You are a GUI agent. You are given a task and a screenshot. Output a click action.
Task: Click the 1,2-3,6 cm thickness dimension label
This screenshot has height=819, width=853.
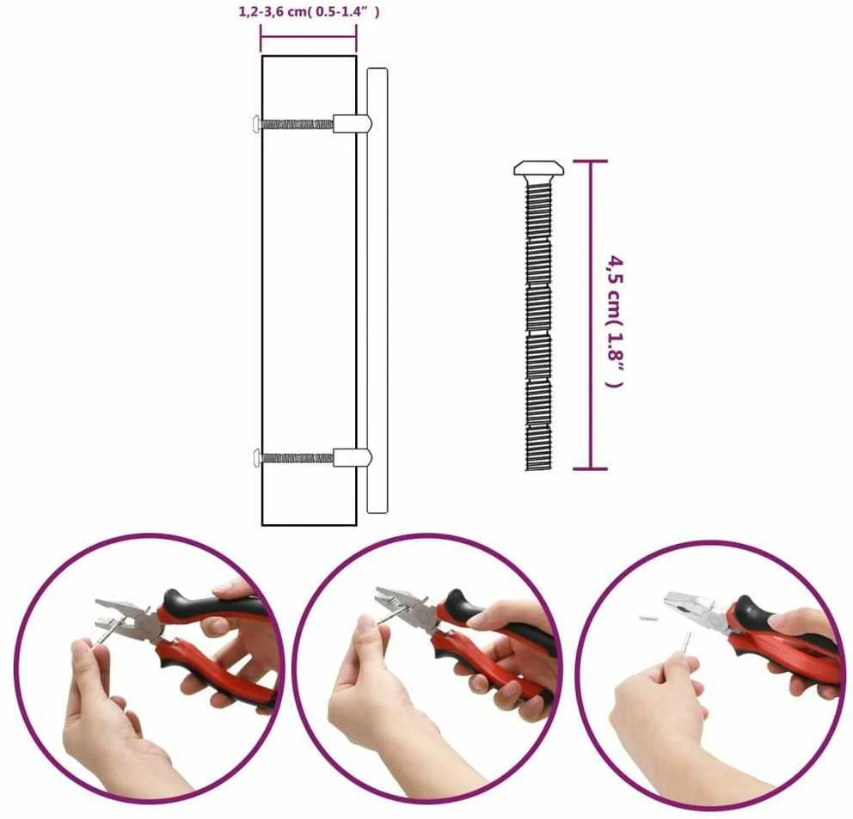pyautogui.click(x=309, y=11)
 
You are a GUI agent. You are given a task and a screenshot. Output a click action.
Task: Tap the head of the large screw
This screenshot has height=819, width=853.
pyautogui.click(x=538, y=168)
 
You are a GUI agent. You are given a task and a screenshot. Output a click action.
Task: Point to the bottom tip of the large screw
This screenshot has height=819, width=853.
pyautogui.click(x=539, y=469)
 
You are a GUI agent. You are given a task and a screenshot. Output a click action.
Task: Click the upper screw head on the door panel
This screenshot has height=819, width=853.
pyautogui.click(x=257, y=124)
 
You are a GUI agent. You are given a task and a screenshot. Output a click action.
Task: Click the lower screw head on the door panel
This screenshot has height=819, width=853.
pyautogui.click(x=257, y=457)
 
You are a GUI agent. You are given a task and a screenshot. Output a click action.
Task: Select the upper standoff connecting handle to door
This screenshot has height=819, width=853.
pyautogui.click(x=353, y=124)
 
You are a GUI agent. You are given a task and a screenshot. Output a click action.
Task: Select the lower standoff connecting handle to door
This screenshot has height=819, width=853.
pyautogui.click(x=353, y=457)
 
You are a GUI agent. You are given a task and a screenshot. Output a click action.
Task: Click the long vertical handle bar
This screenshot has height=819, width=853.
pyautogui.click(x=377, y=290)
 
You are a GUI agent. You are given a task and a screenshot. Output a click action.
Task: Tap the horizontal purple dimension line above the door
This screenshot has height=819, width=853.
pyautogui.click(x=309, y=38)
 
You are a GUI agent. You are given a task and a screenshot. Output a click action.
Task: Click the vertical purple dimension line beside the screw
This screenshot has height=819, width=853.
pyautogui.click(x=591, y=315)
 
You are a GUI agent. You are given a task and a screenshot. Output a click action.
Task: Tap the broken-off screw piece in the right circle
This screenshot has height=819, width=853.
pyautogui.click(x=648, y=618)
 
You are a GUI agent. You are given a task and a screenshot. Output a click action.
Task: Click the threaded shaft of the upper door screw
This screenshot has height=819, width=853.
pyautogui.click(x=297, y=124)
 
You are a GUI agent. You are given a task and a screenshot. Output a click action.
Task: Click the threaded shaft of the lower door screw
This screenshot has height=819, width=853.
pyautogui.click(x=297, y=457)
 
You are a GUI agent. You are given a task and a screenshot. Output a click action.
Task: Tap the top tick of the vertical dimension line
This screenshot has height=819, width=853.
pyautogui.click(x=591, y=161)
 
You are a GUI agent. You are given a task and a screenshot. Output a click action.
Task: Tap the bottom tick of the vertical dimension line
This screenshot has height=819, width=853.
pyautogui.click(x=591, y=468)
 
